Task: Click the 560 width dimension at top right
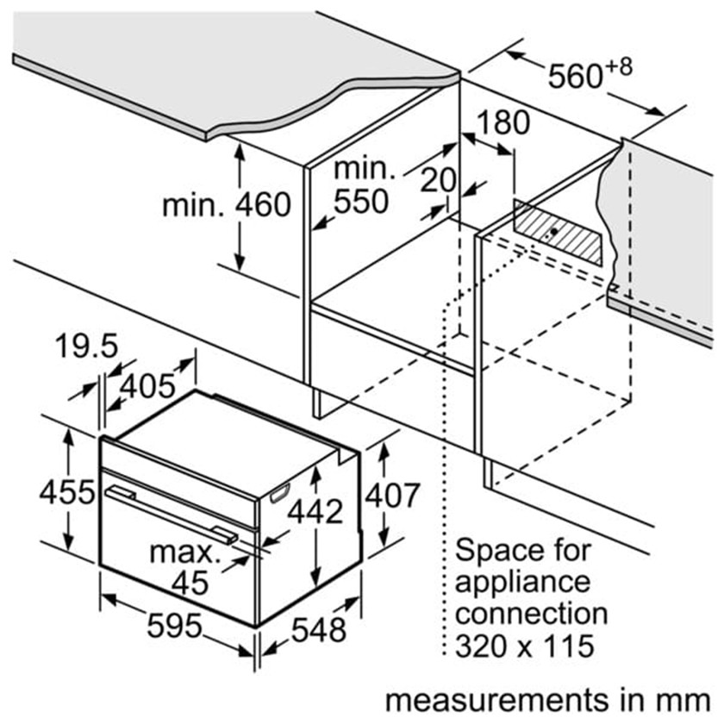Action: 578,77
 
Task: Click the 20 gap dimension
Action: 439,180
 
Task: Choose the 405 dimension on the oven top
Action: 147,386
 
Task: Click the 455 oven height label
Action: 66,492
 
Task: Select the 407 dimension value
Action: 391,496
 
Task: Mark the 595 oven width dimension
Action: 173,626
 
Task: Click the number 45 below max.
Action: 190,584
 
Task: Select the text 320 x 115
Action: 525,646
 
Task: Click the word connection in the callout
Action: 531,614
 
